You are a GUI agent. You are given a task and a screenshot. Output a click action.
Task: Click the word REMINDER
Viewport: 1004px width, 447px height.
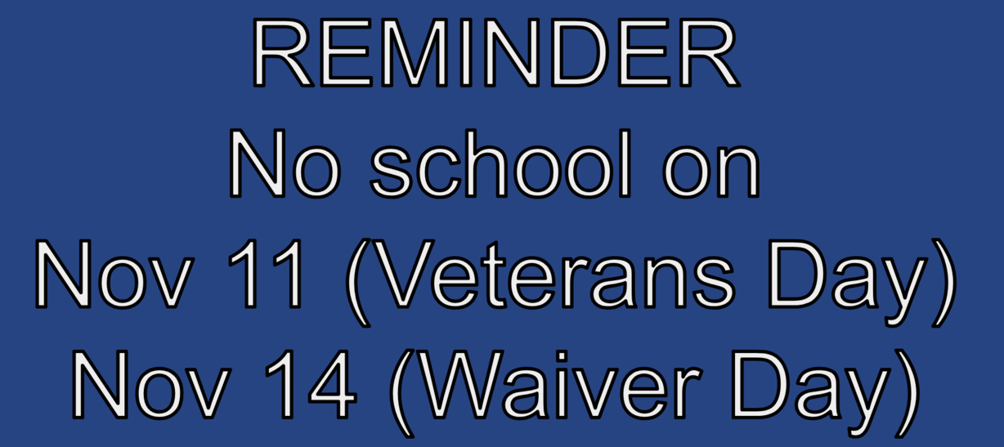click(x=495, y=54)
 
